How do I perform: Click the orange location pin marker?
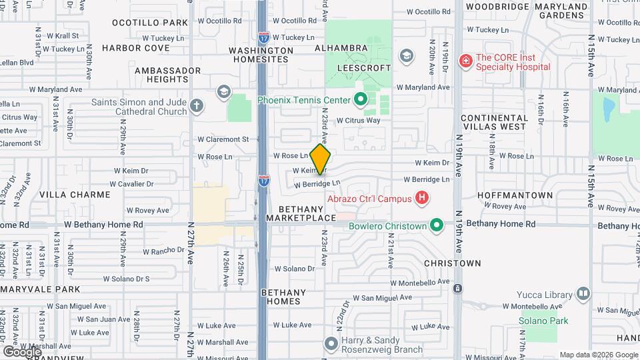coord(321,159)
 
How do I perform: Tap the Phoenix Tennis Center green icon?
coord(361,101)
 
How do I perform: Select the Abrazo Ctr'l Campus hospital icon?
coord(421,197)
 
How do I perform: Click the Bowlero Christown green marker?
coord(437,225)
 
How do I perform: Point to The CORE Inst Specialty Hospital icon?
coord(465,61)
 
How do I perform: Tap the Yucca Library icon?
coord(583,294)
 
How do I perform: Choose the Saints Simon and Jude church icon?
coord(196,106)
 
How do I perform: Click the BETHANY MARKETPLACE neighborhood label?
coord(301,213)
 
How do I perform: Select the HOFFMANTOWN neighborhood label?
coord(515,195)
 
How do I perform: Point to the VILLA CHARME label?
coord(75,195)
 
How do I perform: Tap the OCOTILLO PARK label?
coord(150,23)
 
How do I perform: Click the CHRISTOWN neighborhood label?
coord(453,263)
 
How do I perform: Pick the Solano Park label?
coord(543,321)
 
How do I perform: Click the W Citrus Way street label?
coord(358,121)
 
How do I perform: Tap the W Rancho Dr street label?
coord(163,251)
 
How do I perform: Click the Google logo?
coord(22,351)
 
